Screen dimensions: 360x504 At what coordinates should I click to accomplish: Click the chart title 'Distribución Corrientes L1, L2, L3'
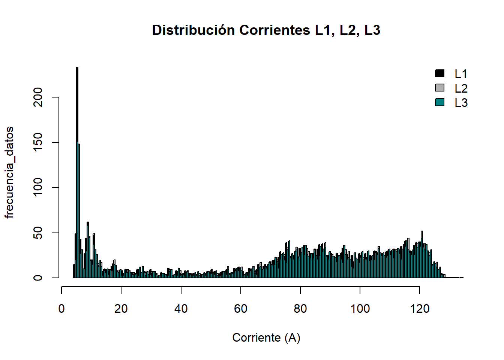coord(266,30)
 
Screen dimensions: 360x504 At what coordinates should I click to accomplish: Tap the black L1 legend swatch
coord(439,73)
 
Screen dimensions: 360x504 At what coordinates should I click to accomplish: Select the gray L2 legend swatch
coord(439,88)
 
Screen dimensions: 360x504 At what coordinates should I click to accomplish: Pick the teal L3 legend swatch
coord(439,102)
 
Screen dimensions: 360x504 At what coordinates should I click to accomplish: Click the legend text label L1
coord(461,74)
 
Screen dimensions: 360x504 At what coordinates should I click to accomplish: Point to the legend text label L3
coord(461,103)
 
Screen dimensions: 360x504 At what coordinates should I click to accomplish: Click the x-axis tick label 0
coord(61,309)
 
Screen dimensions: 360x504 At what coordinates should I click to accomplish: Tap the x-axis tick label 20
coord(121,309)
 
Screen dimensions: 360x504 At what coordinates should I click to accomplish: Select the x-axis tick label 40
coord(181,309)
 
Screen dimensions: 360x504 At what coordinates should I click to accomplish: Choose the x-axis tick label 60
coord(241,309)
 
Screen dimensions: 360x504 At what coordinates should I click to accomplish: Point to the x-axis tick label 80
coord(300,309)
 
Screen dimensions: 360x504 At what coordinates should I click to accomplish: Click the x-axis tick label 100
coord(360,309)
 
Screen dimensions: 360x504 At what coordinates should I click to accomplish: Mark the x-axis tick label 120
coord(420,309)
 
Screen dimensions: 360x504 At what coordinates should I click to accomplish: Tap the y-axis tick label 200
coord(38,97)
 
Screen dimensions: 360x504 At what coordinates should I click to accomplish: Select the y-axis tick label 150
coord(38,142)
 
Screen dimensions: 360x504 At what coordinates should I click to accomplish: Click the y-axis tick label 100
coord(38,187)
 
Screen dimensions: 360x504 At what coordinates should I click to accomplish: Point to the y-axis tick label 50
coord(38,233)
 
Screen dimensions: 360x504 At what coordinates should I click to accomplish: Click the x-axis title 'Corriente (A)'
coord(266,337)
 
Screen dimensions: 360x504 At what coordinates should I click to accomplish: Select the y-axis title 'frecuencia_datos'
coord(9,172)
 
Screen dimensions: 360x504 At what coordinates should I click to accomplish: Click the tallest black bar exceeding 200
coord(77,112)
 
